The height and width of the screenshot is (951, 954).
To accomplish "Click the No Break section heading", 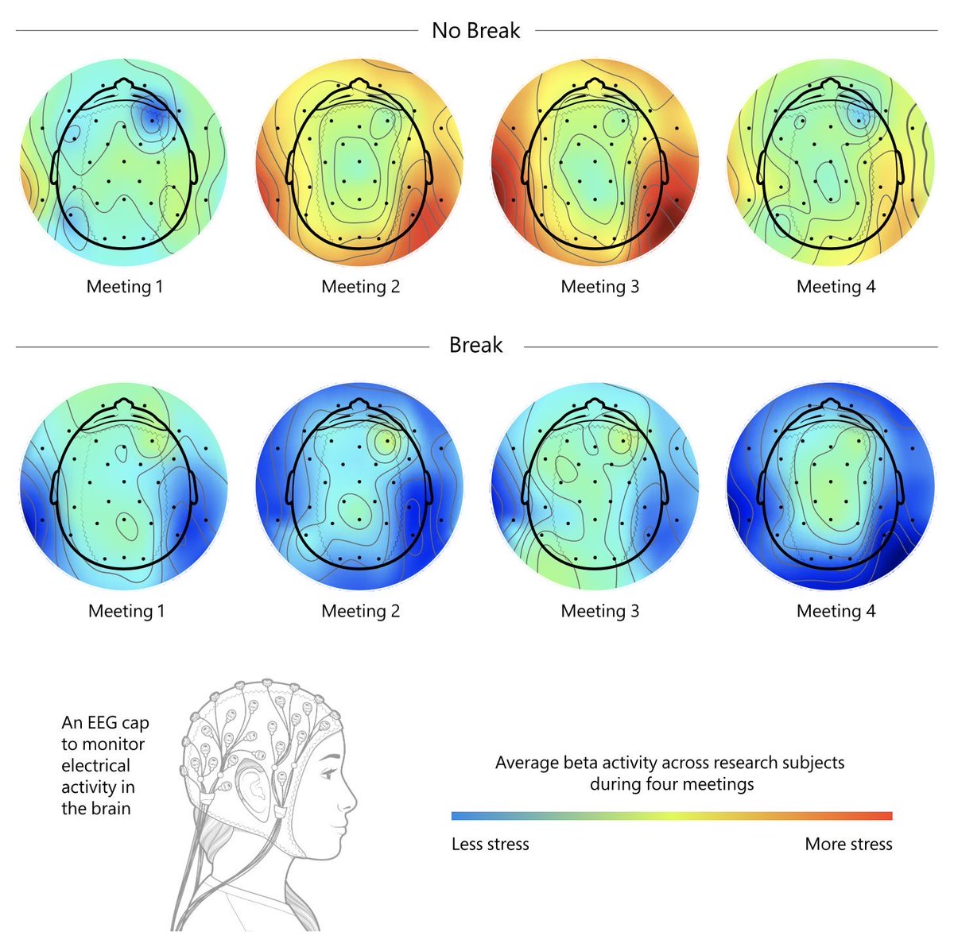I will point(475,31).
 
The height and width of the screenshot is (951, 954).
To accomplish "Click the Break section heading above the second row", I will point(475,345).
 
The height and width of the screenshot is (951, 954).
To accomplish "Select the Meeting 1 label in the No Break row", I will point(125,287).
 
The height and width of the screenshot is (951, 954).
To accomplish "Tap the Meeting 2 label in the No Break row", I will point(360,287).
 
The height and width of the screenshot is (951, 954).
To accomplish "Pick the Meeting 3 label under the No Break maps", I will point(599,287).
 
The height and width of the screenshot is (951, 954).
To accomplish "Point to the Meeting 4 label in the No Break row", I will point(836,287).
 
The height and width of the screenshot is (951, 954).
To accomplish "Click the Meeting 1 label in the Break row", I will point(126,611).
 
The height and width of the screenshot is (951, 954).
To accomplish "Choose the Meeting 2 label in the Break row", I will point(360,611).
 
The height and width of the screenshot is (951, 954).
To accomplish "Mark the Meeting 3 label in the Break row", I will point(599,611).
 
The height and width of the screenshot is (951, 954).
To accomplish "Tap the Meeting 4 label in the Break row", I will point(836,611).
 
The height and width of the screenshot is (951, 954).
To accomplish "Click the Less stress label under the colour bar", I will point(490,845).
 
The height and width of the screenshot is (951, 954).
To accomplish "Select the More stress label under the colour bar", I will point(848,845).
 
